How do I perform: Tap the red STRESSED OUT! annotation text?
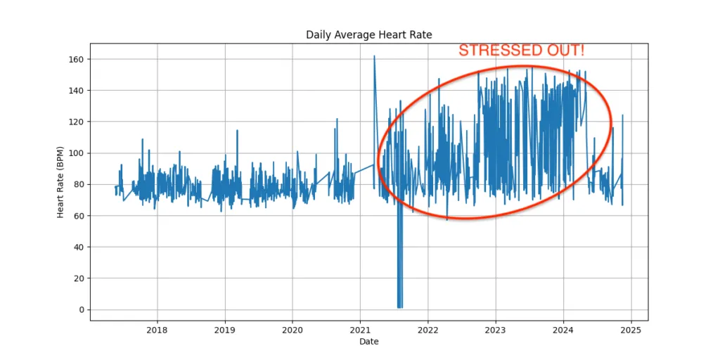[521, 51]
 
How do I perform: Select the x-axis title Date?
[368, 342]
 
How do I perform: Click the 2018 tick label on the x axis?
[157, 329]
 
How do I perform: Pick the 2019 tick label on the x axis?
[224, 329]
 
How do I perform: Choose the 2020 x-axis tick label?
[292, 329]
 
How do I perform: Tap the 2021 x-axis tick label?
[360, 329]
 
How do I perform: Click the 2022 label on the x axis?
[427, 329]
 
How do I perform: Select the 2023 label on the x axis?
[496, 329]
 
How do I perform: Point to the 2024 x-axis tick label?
[563, 329]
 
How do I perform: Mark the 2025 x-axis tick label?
[631, 329]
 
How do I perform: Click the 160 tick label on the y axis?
[76, 59]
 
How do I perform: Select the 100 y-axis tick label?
[76, 153]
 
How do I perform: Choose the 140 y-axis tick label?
[76, 90]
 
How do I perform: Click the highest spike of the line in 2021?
[374, 56]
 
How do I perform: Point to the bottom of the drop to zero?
[399, 307]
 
